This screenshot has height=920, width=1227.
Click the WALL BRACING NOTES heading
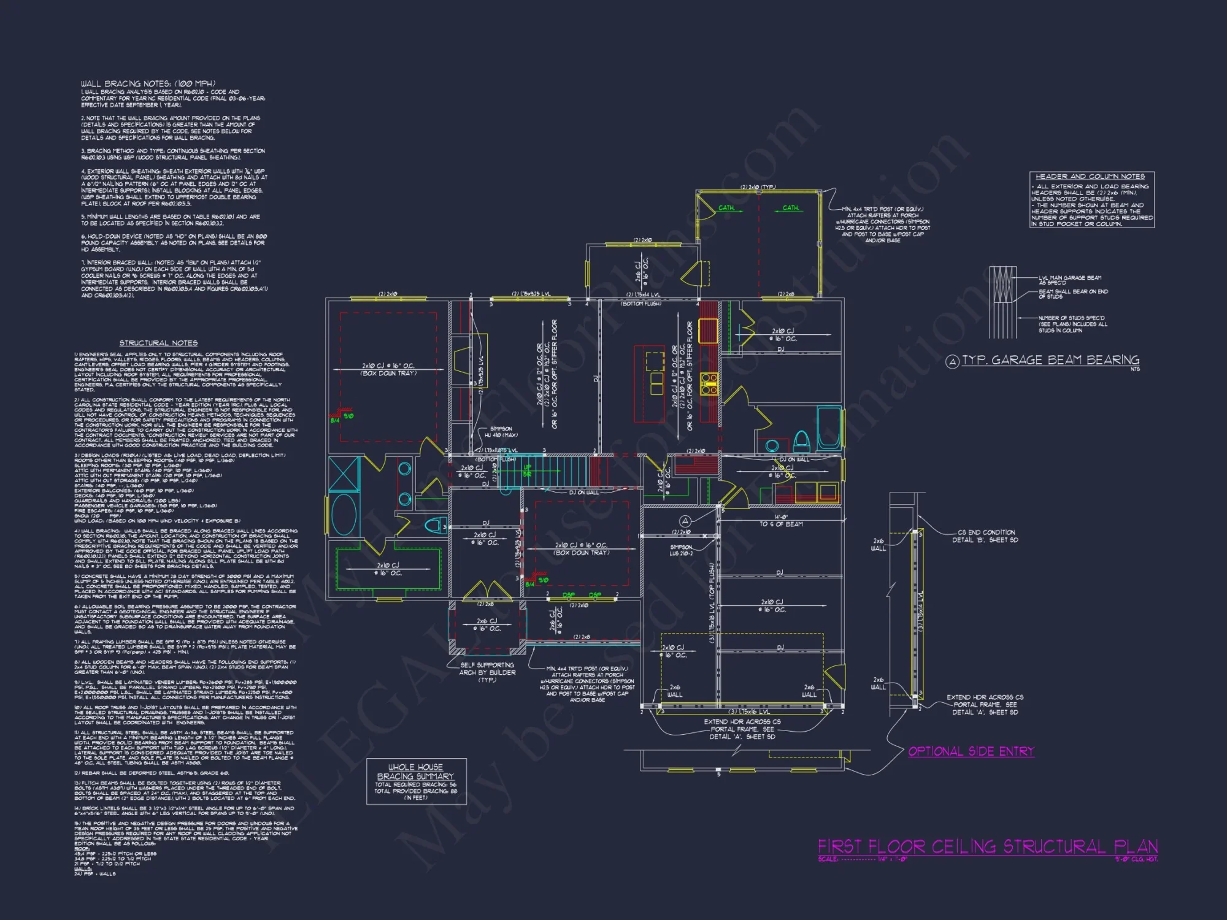(148, 83)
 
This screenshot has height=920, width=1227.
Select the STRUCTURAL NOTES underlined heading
(158, 343)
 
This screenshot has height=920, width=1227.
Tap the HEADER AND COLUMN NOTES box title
(1090, 177)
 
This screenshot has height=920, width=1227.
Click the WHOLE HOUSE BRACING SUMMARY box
(416, 781)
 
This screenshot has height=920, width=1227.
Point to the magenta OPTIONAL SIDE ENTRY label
(971, 751)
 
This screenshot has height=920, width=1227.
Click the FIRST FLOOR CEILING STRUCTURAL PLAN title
(987, 847)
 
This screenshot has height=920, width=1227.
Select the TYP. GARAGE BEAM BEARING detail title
(1050, 360)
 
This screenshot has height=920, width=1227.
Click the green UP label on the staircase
(527, 468)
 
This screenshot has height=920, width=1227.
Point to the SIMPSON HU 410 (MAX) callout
(501, 432)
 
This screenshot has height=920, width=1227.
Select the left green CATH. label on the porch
(727, 208)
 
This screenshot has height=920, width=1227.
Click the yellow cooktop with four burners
(709, 383)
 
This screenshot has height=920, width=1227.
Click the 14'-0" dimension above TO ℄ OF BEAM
(780, 516)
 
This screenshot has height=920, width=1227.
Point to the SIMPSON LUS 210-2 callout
(681, 550)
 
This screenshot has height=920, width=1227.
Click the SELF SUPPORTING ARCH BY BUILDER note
(487, 672)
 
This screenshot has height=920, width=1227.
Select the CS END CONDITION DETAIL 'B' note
(985, 536)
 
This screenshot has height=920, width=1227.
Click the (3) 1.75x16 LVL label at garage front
(748, 711)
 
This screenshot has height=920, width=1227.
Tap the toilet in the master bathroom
(435, 525)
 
